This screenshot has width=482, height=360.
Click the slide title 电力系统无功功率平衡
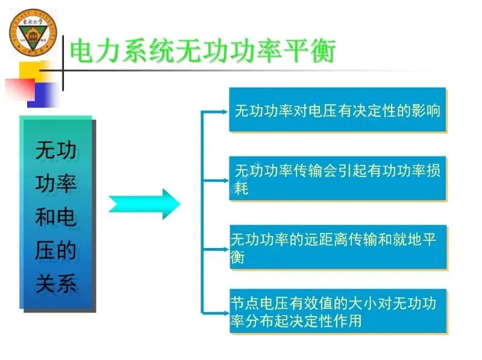coord(202,51)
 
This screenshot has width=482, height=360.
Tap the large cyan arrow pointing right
coord(145,203)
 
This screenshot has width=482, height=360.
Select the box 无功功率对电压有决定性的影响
coord(337,110)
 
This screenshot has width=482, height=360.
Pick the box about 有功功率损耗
coord(337,178)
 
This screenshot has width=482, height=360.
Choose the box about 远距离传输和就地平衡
coord(337,247)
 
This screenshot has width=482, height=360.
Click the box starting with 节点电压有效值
coord(337,311)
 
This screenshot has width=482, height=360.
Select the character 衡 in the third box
coord(237,256)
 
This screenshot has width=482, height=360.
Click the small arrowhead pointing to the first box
coord(222,110)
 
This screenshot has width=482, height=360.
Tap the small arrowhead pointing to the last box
coord(222,312)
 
